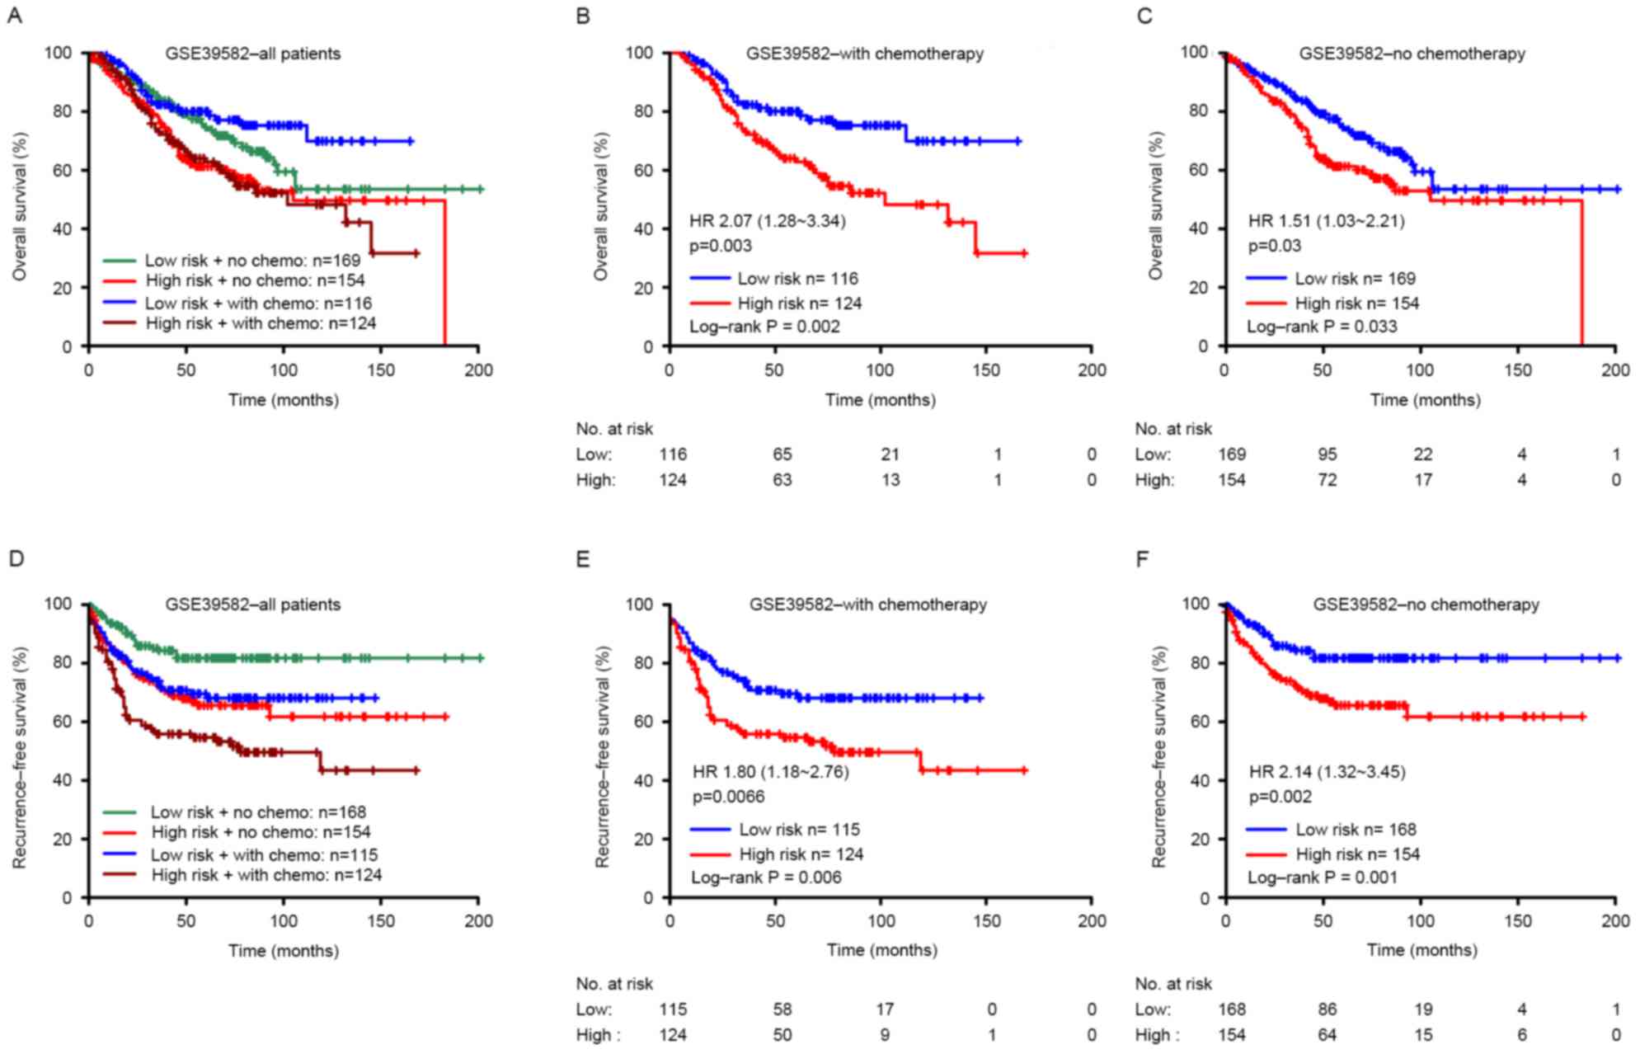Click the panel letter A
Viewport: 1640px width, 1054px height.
point(14,16)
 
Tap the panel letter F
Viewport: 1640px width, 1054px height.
point(1142,560)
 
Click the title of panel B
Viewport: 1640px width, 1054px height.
point(864,54)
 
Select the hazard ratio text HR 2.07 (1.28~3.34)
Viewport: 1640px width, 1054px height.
point(768,221)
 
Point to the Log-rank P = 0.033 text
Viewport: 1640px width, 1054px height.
point(1322,327)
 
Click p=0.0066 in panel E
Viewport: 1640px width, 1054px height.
point(728,797)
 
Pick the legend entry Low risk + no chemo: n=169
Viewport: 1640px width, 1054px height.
point(252,261)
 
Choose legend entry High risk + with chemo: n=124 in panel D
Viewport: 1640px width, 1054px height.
point(266,875)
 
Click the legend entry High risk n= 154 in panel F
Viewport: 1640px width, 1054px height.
point(1357,854)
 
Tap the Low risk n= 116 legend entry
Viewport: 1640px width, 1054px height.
point(797,279)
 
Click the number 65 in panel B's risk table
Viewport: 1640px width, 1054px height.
point(782,454)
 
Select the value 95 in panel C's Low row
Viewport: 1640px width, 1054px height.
point(1327,454)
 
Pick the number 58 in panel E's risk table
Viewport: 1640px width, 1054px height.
point(782,1009)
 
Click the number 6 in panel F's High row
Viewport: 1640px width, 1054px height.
point(1521,1035)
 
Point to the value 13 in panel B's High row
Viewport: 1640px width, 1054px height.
point(890,480)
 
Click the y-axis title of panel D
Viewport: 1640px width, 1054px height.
point(19,757)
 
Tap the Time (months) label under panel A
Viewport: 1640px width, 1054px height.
point(284,400)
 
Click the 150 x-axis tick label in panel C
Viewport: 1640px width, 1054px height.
point(1517,370)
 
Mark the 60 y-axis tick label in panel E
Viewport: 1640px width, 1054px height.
point(643,722)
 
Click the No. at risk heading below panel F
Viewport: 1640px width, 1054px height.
point(1173,984)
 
